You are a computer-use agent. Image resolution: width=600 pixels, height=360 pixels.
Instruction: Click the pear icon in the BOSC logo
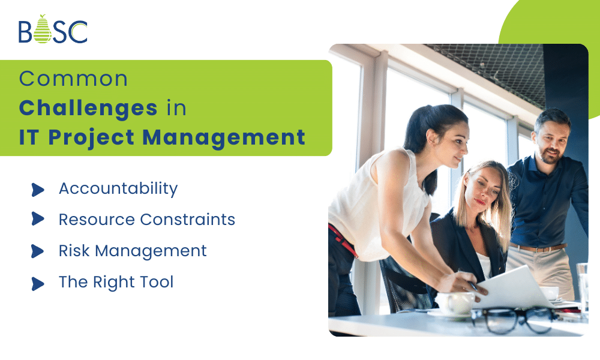[42, 30]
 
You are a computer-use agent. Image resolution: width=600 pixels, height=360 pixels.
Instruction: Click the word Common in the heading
[73, 79]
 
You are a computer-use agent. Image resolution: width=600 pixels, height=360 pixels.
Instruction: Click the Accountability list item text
[118, 188]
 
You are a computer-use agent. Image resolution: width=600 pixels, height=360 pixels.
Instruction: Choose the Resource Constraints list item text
[146, 220]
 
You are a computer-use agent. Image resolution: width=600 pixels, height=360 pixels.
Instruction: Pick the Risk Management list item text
[133, 251]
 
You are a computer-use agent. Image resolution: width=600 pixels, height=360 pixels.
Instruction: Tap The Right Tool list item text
[116, 282]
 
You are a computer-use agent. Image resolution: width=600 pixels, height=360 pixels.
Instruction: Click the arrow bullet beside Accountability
[38, 190]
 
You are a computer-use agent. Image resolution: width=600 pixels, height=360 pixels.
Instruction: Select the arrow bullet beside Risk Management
[38, 252]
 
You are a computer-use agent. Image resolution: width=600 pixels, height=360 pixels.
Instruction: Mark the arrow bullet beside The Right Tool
[38, 283]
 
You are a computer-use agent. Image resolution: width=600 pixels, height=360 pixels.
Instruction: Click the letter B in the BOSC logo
[25, 32]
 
